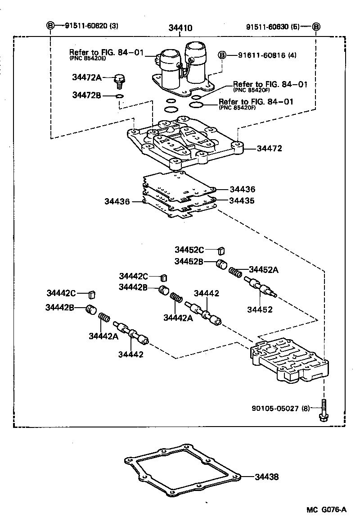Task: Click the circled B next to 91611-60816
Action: (222, 55)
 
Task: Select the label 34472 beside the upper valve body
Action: (269, 148)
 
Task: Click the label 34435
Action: (242, 200)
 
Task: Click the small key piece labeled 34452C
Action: (221, 250)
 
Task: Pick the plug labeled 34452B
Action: (221, 264)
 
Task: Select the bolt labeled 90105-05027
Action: (323, 410)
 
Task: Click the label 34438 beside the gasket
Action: (266, 477)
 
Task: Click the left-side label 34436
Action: (117, 201)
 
